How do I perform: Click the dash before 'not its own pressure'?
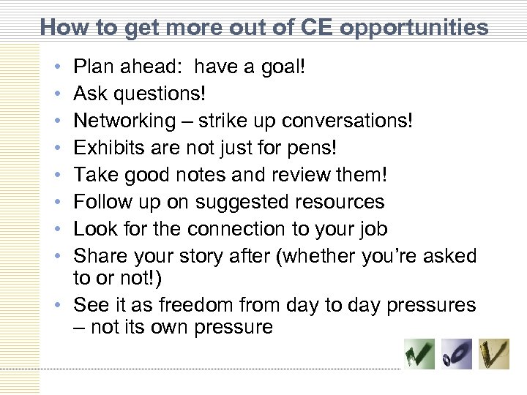tap(80, 326)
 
